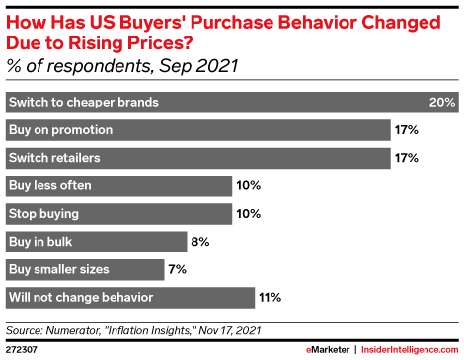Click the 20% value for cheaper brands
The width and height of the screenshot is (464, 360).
tap(440, 102)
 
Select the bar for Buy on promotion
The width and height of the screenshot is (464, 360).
tap(197, 130)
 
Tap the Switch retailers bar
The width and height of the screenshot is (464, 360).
tap(197, 158)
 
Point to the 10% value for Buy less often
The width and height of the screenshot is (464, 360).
tap(249, 185)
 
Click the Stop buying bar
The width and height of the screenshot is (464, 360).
tap(118, 213)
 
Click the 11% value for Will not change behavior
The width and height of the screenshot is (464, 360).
tap(271, 297)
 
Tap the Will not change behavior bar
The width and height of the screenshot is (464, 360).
tap(128, 297)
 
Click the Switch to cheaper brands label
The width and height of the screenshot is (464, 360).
tap(83, 102)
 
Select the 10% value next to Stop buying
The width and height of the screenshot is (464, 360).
tap(249, 213)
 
